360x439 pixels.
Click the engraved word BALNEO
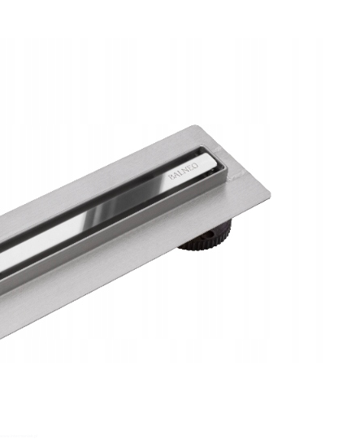pyautogui.click(x=183, y=171)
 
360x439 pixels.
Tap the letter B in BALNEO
pyautogui.click(x=170, y=177)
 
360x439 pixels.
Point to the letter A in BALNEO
pyautogui.click(x=175, y=176)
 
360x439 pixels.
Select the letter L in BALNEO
pyautogui.click(x=180, y=173)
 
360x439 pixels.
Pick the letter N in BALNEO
pyautogui.click(x=184, y=171)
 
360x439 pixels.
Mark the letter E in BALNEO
pyautogui.click(x=190, y=168)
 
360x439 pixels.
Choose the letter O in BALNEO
pyautogui.click(x=195, y=166)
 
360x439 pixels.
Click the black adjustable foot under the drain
pyautogui.click(x=207, y=235)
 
